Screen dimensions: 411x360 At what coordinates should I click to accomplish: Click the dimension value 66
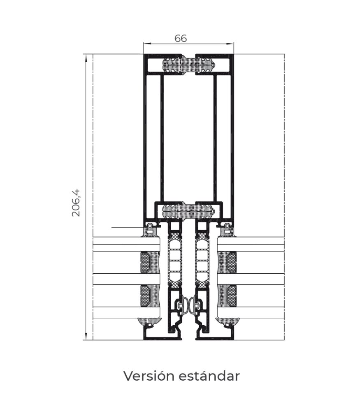coord(181,38)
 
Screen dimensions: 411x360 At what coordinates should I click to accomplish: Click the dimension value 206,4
coord(76,203)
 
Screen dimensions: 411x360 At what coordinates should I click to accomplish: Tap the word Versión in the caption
coord(147,376)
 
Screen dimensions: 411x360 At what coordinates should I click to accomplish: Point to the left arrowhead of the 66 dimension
coord(145,43)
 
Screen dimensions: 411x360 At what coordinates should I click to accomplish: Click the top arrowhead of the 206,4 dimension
coord(86,57)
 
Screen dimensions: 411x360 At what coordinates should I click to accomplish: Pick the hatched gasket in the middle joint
coord(189,212)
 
